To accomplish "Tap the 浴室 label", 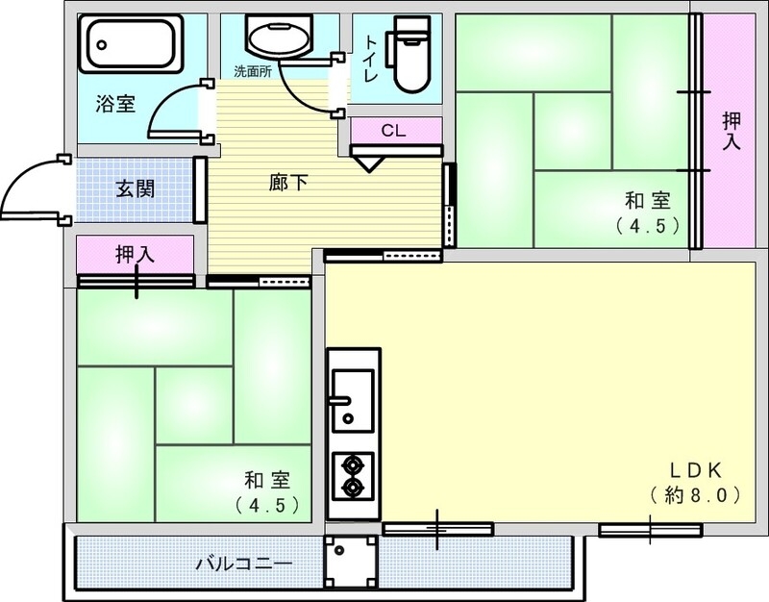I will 115,104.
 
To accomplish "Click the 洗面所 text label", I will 252,71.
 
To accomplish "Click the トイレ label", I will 370,58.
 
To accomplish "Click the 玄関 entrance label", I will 135,188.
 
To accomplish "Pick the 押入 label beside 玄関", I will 135,255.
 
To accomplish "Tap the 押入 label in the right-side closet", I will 732,131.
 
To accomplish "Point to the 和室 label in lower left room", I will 264,480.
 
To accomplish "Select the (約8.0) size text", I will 694,496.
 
